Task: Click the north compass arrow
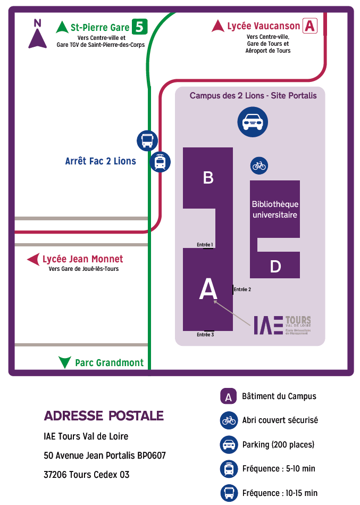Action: coord(37,37)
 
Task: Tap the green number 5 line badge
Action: coord(139,27)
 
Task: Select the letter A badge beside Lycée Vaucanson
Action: coord(309,26)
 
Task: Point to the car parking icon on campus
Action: coord(252,122)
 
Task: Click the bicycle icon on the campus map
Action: coord(259,165)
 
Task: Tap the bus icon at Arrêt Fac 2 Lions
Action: coord(147,140)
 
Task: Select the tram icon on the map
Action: coord(160,162)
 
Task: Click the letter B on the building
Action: coord(208,178)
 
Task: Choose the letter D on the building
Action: coord(275,267)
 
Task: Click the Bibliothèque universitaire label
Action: coord(275,210)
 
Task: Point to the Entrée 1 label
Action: coord(205,245)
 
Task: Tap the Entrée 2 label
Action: coord(242,289)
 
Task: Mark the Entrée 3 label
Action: coord(205,334)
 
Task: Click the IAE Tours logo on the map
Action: coord(282,325)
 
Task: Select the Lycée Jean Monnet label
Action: coord(82,259)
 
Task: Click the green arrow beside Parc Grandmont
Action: coord(65,362)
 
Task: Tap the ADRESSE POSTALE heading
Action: coord(104,416)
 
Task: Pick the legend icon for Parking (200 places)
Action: coord(229,444)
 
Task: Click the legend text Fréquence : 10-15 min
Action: coord(279,493)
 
